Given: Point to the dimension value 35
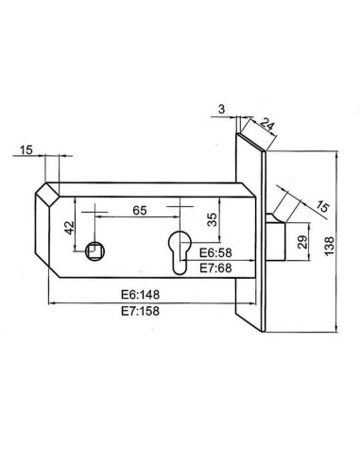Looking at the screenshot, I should pyautogui.click(x=212, y=223).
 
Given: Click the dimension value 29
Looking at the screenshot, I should pyautogui.click(x=302, y=240).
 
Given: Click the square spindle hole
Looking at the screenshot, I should pyautogui.click(x=94, y=250).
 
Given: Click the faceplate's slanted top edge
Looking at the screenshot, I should pyautogui.click(x=254, y=141).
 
